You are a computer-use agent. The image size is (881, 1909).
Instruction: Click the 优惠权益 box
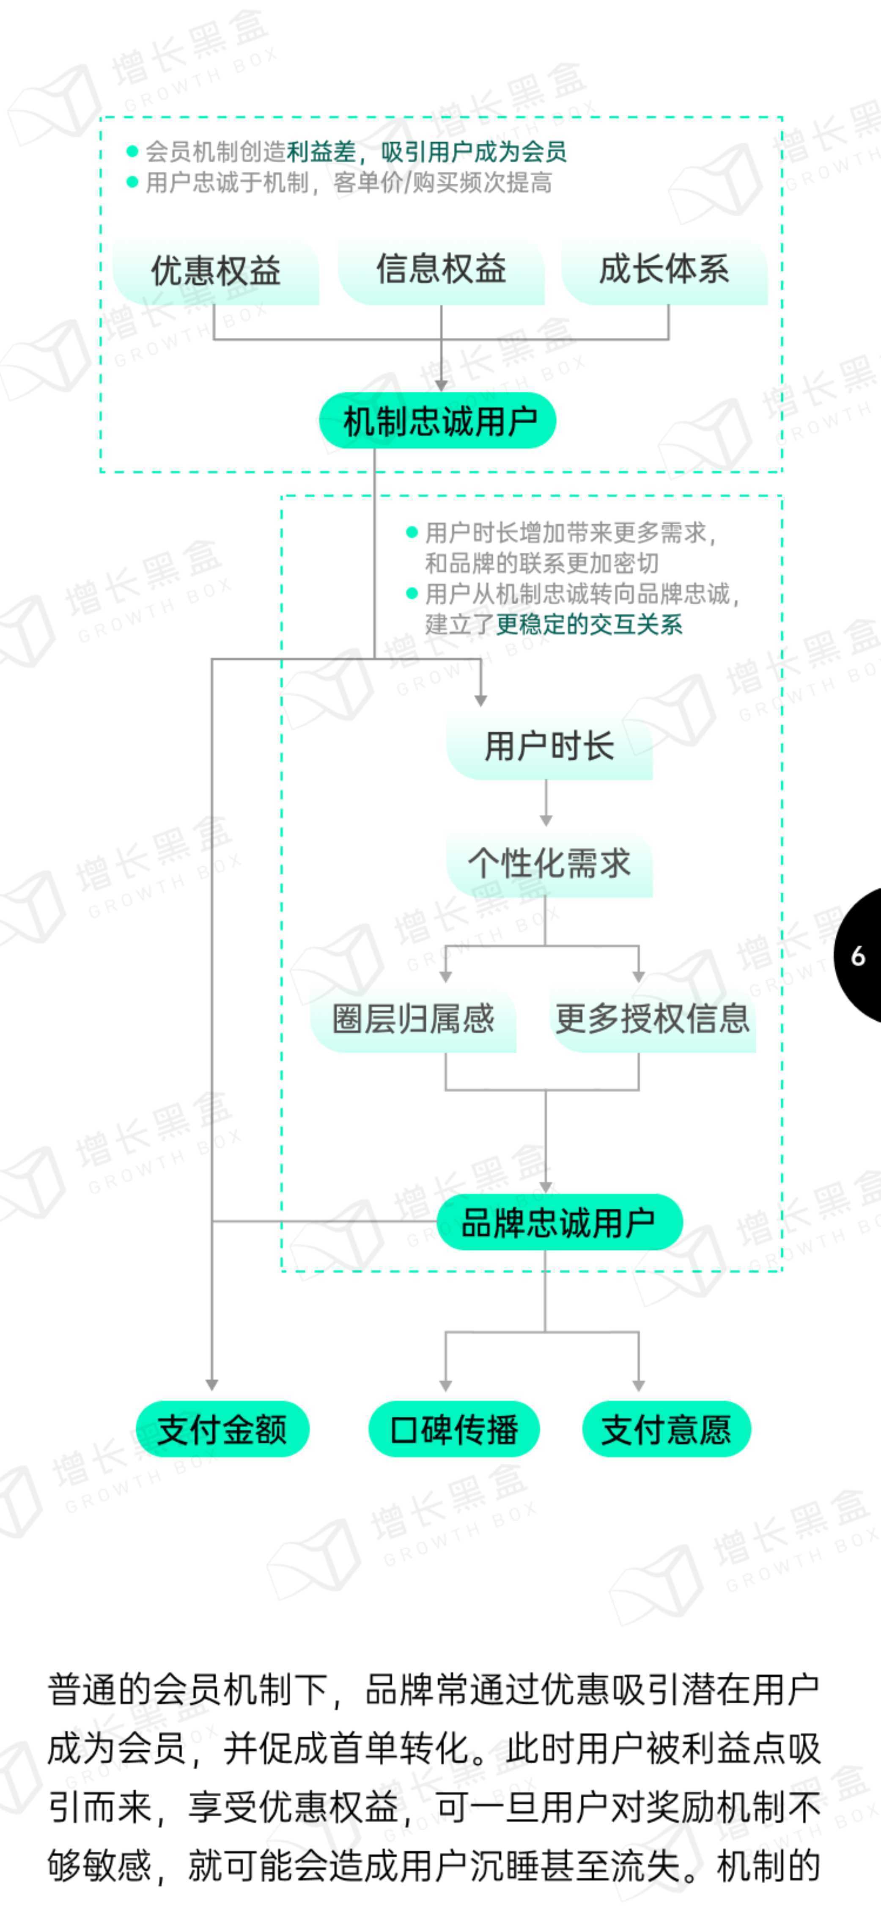(x=216, y=271)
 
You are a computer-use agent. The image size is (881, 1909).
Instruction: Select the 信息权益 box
(x=441, y=271)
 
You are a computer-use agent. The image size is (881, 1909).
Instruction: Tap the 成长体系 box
(x=664, y=271)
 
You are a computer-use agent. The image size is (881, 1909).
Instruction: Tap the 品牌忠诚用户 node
(x=560, y=1222)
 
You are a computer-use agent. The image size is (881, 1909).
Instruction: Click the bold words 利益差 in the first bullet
(x=321, y=152)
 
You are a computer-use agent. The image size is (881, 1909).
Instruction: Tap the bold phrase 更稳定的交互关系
(x=589, y=624)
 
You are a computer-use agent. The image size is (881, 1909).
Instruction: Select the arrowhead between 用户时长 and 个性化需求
(x=546, y=821)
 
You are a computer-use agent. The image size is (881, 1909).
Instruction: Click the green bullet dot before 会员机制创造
(x=133, y=152)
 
